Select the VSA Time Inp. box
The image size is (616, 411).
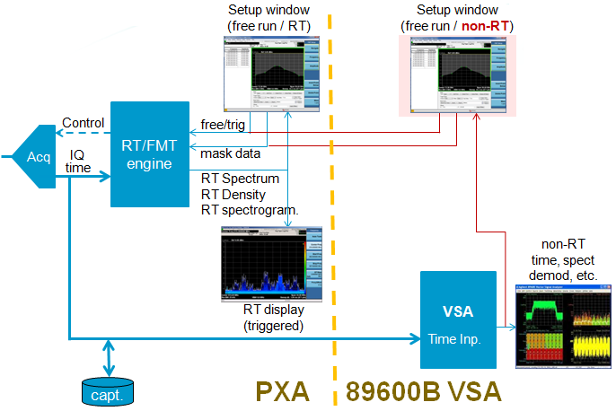[457, 319]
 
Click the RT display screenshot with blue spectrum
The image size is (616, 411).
[269, 262]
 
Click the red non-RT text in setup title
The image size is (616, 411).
[484, 26]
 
